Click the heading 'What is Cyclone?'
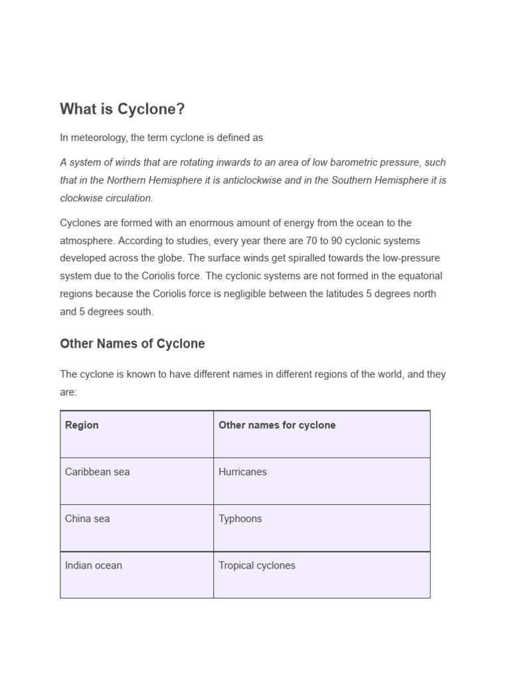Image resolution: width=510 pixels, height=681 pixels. (x=122, y=109)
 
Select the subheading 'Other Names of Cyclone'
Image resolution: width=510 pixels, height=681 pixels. (x=132, y=344)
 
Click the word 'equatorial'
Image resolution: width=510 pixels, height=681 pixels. (x=418, y=276)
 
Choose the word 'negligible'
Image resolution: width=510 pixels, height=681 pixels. (x=263, y=294)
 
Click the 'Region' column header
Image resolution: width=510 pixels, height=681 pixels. (x=82, y=425)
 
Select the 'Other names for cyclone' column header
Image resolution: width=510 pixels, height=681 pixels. (x=277, y=425)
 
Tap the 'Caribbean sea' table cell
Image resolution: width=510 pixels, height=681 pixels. (x=97, y=472)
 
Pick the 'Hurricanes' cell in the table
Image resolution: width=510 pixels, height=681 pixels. (x=242, y=472)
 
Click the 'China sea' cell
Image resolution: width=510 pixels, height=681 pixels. (x=87, y=519)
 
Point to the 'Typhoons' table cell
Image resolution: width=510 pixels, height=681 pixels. (x=240, y=519)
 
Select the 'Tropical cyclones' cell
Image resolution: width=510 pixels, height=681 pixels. (x=256, y=566)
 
